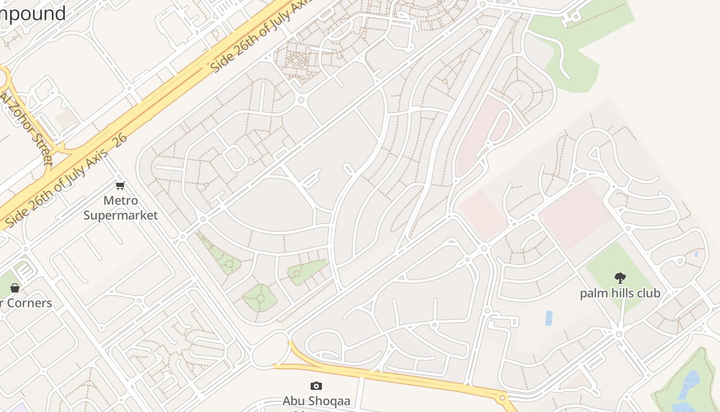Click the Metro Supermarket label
click(120, 208)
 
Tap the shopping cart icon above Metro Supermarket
click(120, 185)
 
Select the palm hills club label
click(620, 293)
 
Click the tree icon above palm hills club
click(620, 278)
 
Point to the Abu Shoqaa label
click(316, 401)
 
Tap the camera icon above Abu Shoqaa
click(316, 386)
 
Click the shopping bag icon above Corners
click(15, 287)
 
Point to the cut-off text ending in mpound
click(33, 13)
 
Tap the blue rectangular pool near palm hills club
click(549, 318)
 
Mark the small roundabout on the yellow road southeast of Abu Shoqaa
click(502, 397)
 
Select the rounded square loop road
click(235, 158)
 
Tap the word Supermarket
click(120, 215)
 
